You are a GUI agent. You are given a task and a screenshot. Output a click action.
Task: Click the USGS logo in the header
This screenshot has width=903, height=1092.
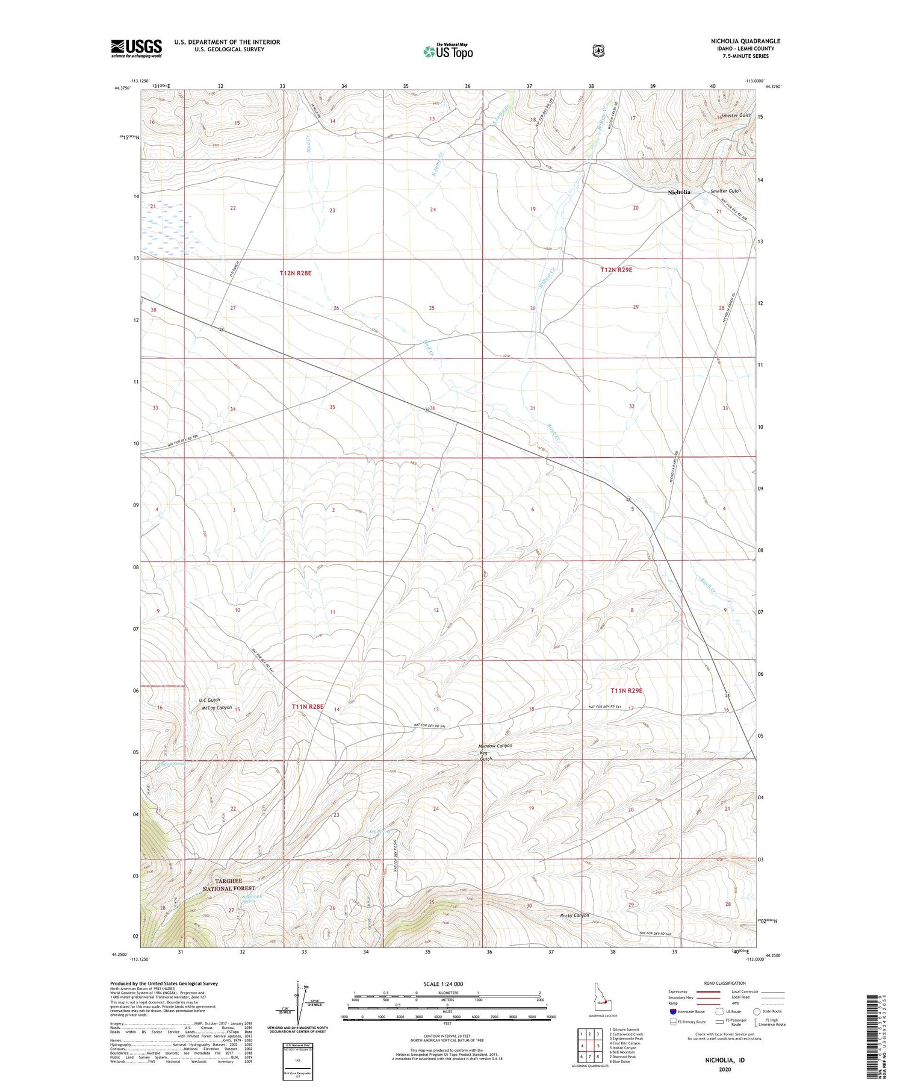(137, 48)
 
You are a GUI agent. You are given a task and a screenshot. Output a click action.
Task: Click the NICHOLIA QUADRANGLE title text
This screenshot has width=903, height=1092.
(745, 41)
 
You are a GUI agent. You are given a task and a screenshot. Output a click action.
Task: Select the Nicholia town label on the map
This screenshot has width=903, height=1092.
(679, 192)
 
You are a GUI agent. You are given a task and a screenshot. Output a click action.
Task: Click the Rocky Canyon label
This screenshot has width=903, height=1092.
(571, 916)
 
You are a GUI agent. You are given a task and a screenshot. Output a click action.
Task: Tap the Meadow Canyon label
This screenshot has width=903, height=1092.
(495, 746)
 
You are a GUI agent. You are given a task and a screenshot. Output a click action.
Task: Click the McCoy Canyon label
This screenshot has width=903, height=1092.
(216, 708)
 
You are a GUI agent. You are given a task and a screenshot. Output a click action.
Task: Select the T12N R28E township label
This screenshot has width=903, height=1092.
(296, 273)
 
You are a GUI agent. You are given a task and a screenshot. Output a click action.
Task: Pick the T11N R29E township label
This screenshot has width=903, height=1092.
(627, 691)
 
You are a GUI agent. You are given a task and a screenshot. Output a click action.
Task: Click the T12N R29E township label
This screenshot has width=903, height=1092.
(616, 270)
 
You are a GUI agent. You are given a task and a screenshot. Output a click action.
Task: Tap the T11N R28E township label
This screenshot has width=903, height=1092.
(308, 706)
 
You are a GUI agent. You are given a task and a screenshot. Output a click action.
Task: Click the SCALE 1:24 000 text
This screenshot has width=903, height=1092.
(444, 984)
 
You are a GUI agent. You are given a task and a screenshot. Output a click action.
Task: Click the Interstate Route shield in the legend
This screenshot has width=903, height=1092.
(673, 1011)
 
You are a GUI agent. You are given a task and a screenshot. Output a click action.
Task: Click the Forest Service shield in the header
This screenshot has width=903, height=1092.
(598, 51)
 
